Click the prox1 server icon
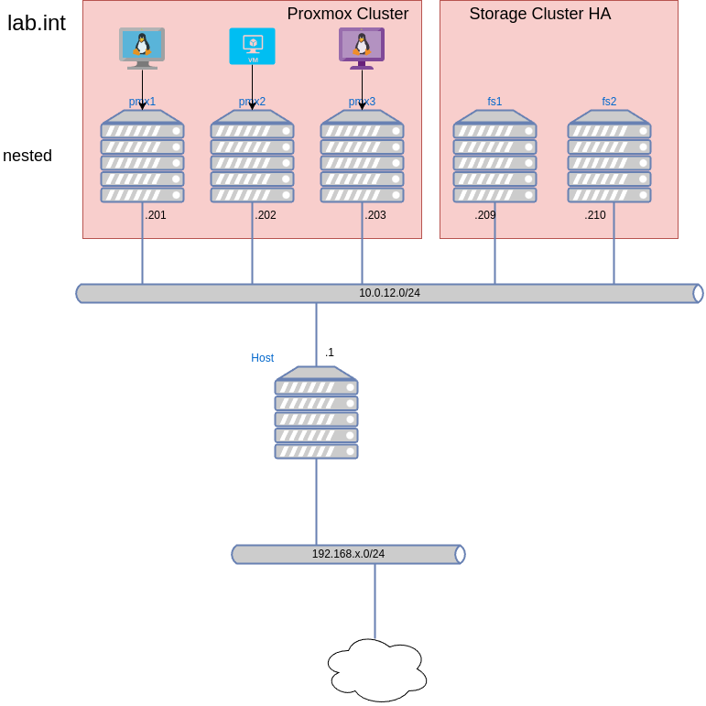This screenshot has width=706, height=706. (x=142, y=157)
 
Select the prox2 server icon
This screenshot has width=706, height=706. (x=252, y=157)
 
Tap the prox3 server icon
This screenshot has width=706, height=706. (x=362, y=157)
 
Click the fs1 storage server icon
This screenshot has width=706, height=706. (x=494, y=157)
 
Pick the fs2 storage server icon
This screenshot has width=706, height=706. (x=609, y=157)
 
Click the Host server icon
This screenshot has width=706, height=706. (x=316, y=413)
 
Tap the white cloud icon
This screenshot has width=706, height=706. (x=377, y=670)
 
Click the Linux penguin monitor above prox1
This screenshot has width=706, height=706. (x=142, y=48)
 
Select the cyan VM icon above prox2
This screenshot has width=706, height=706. (x=252, y=46)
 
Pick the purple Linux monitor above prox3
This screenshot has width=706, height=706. (x=362, y=48)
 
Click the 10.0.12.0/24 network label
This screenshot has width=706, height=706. (x=389, y=293)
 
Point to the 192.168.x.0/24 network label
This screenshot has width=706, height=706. (x=348, y=554)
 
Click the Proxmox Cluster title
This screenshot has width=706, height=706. (x=347, y=14)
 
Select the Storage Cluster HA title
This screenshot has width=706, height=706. (x=539, y=14)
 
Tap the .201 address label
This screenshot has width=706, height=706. (x=156, y=215)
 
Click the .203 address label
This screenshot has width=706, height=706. (x=375, y=215)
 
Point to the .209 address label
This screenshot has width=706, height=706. (x=485, y=215)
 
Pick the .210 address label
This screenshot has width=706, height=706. (x=595, y=215)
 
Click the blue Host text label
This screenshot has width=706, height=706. (x=263, y=358)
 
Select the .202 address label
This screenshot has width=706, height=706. (x=266, y=215)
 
